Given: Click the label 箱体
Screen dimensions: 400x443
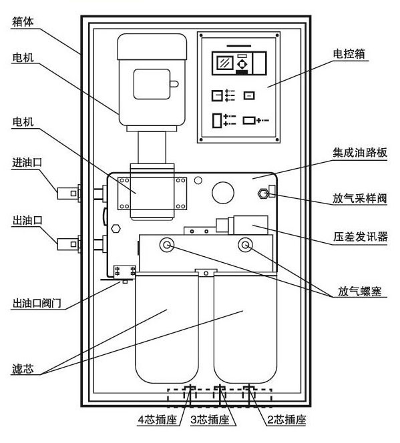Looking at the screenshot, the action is tap(23, 22).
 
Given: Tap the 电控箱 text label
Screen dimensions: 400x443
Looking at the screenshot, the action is tap(349, 53).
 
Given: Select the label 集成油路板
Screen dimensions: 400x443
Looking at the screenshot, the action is tap(359, 153).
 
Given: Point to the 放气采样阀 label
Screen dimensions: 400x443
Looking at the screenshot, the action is tap(359, 198).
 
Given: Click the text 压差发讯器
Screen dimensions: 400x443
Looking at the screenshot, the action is tap(360, 236).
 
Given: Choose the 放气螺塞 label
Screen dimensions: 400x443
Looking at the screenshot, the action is tap(359, 291).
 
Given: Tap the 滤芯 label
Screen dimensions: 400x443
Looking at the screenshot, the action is tap(23, 369).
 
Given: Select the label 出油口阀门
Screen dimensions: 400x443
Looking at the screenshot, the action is tap(37, 304).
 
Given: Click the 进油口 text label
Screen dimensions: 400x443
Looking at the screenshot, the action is tap(27, 162).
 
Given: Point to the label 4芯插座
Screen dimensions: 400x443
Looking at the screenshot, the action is tap(157, 420).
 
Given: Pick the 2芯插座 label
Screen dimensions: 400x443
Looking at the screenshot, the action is tap(286, 420).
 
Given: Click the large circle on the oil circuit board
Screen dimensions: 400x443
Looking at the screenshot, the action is tap(223, 193).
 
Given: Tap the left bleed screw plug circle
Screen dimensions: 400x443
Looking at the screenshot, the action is tap(167, 245).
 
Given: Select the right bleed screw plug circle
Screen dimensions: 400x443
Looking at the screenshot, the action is tap(245, 245).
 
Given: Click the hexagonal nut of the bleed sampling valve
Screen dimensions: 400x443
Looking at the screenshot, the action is tap(263, 193).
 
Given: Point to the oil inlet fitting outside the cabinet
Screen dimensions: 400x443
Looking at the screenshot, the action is tap(69, 193).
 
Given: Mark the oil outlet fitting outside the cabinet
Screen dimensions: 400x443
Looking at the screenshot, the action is tap(69, 244).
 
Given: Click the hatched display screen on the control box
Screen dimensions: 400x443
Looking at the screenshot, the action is tap(225, 63).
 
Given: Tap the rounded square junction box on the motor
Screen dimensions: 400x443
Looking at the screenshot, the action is tap(152, 84).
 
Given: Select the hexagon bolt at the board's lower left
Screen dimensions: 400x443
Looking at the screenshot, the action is tap(116, 229).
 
